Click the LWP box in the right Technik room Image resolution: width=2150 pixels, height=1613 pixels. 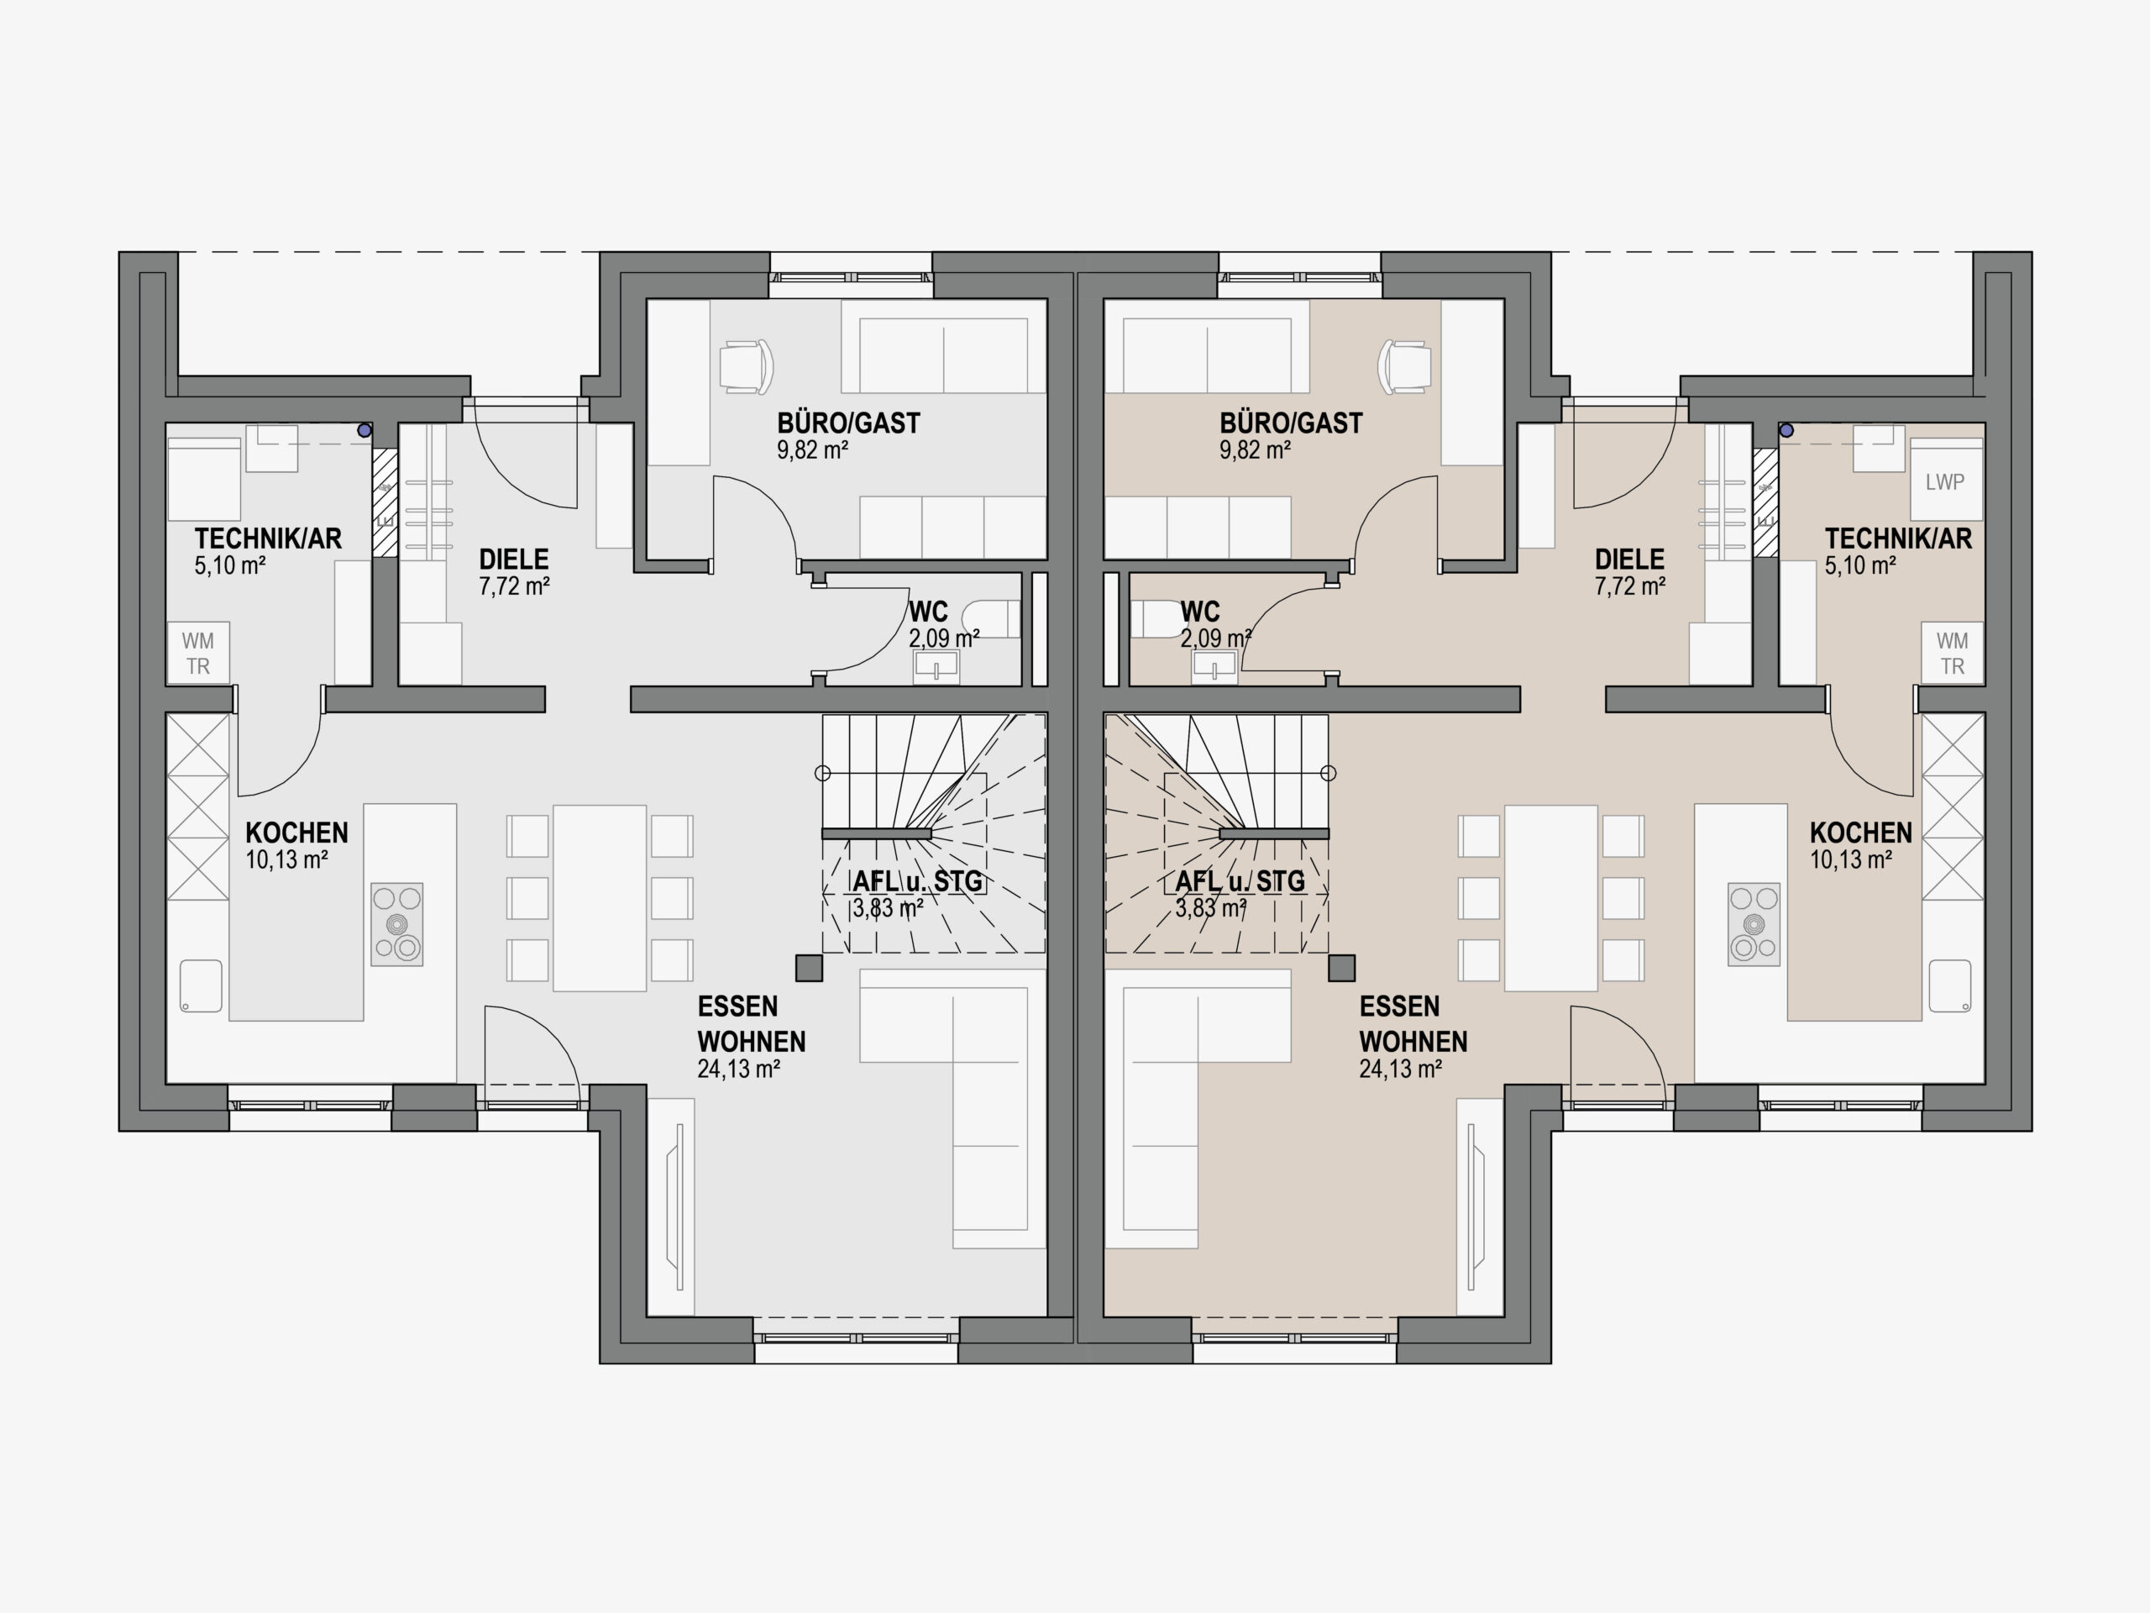pyautogui.click(x=1945, y=481)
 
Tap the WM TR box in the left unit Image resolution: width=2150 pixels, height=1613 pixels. pyautogui.click(x=198, y=653)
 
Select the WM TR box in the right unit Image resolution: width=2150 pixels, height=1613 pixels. pyautogui.click(x=1952, y=653)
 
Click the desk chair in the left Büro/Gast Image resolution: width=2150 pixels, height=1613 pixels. pyautogui.click(x=747, y=367)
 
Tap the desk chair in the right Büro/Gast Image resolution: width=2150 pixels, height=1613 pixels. pyautogui.click(x=1404, y=367)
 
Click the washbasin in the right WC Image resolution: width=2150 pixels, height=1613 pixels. pyautogui.click(x=1214, y=667)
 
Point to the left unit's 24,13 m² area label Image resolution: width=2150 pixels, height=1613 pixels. pyautogui.click(x=739, y=1069)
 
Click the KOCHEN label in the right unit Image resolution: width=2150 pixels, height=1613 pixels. pyautogui.click(x=1860, y=833)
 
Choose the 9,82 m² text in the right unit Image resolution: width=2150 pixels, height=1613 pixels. pyautogui.click(x=1255, y=450)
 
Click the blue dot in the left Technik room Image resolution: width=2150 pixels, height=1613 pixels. pyautogui.click(x=364, y=430)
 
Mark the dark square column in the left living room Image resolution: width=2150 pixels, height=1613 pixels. pyautogui.click(x=809, y=968)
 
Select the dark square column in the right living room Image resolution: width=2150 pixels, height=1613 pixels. pyautogui.click(x=1342, y=968)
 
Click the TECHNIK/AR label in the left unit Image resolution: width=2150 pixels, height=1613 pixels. pyautogui.click(x=268, y=539)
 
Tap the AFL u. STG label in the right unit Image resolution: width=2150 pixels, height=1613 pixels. pyautogui.click(x=1240, y=882)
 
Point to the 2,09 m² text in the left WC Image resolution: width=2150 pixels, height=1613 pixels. pyautogui.click(x=944, y=638)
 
